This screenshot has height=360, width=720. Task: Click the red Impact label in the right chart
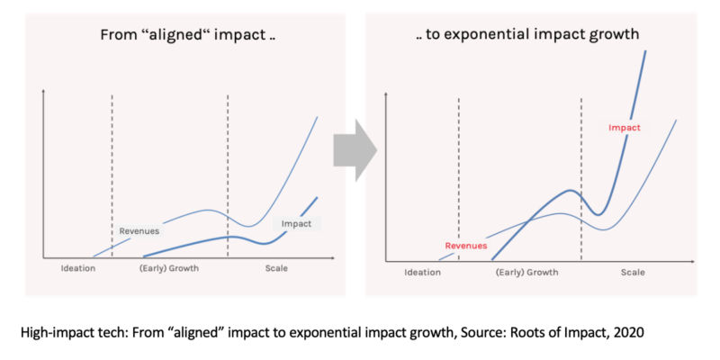pos(625,128)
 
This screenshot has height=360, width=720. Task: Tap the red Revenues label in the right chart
pos(466,245)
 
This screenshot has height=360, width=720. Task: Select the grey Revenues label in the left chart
pos(139,231)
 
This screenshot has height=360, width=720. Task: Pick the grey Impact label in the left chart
pos(297,223)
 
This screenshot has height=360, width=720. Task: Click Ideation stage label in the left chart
pos(77,270)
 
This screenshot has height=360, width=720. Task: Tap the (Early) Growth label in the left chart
pos(169,270)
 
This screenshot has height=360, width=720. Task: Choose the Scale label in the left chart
pos(277,270)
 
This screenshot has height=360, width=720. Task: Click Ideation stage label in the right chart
pos(423,272)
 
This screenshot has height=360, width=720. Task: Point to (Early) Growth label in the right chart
pos(527,272)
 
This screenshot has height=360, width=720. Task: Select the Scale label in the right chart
pos(633,272)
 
